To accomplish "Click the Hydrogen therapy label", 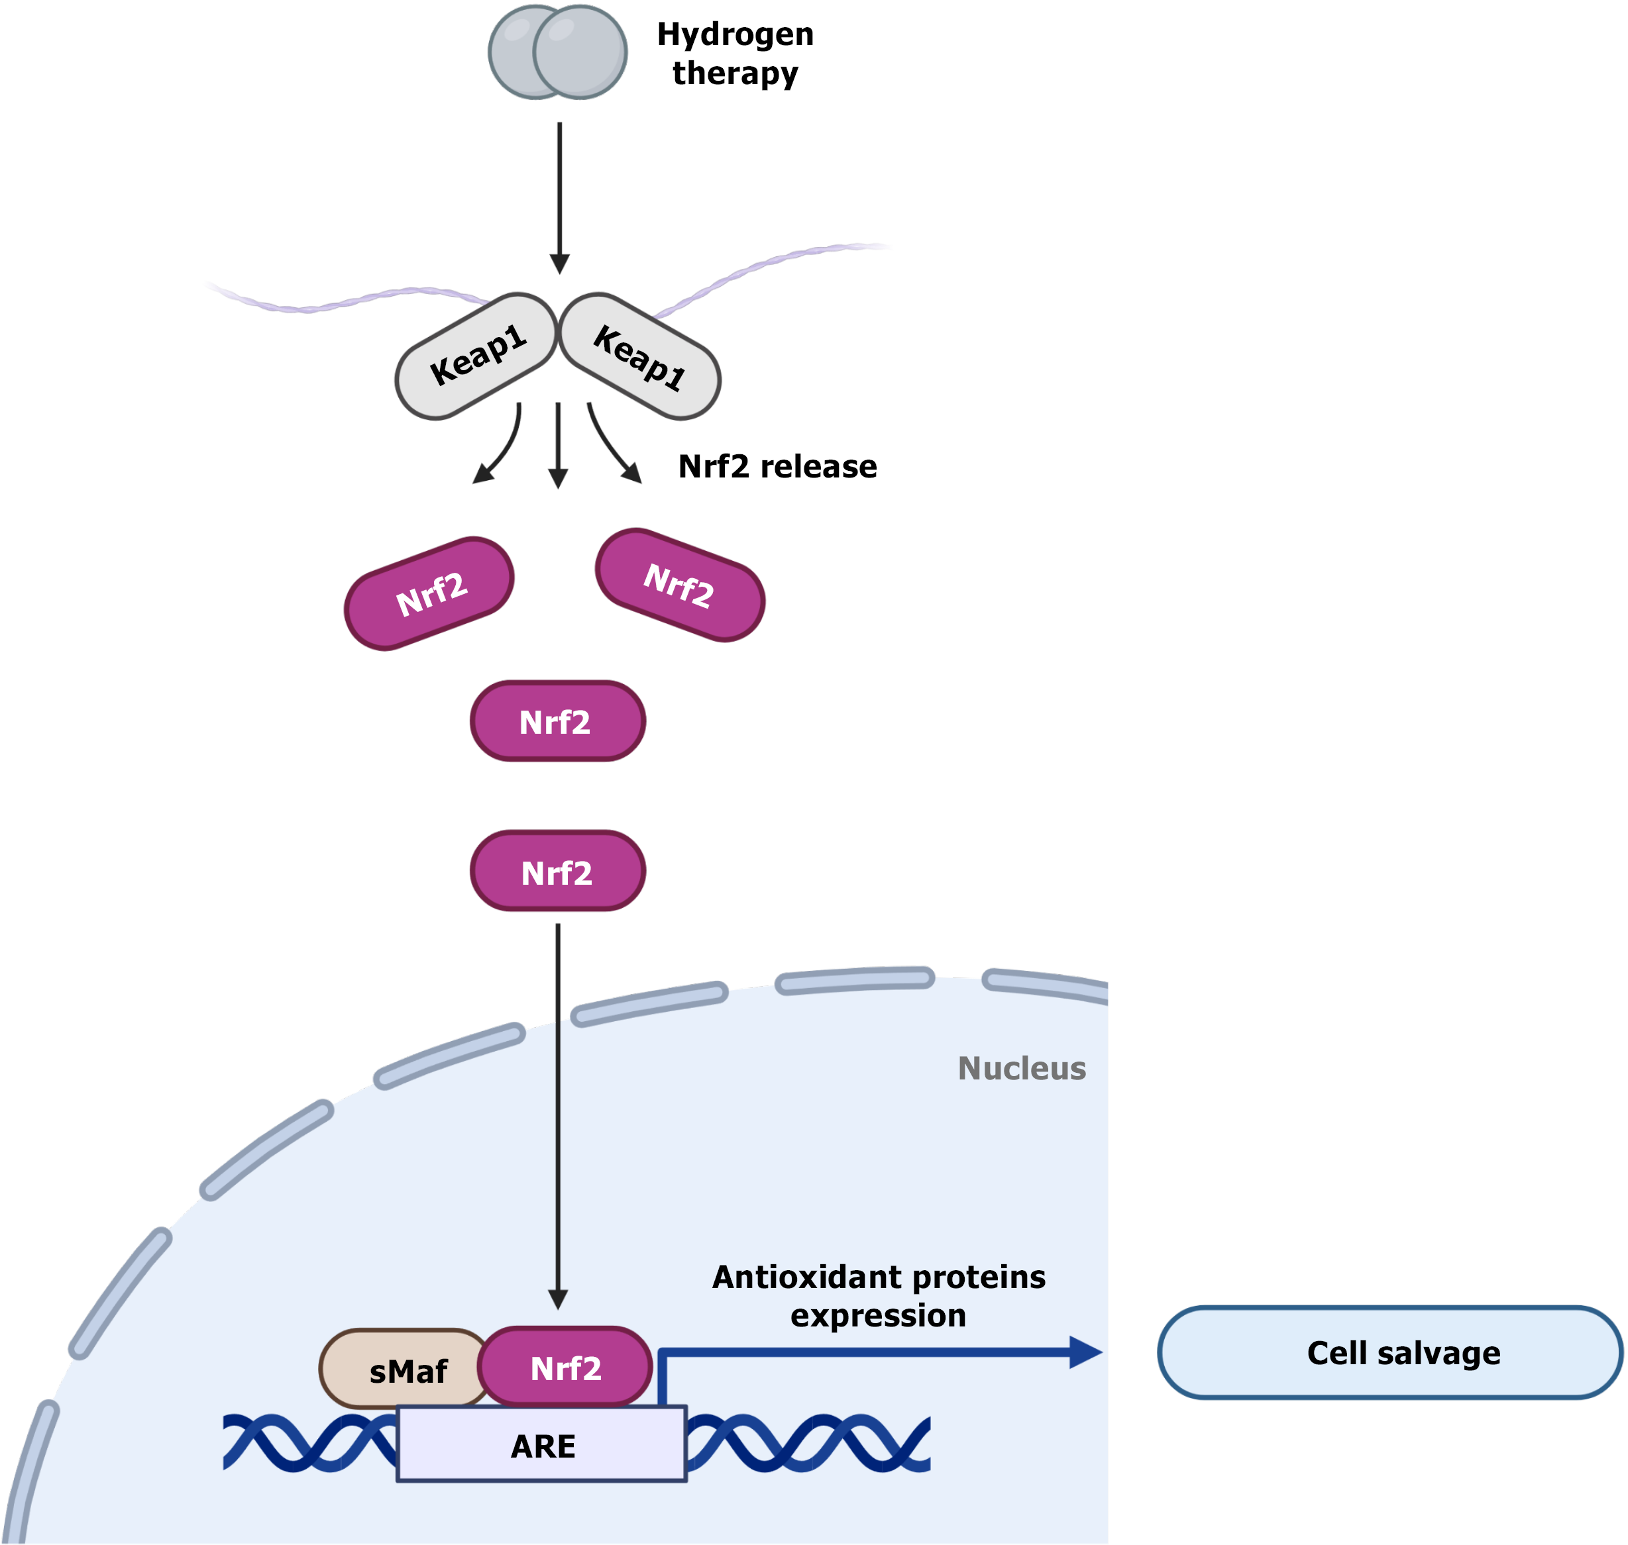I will tap(735, 54).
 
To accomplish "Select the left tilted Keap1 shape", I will tap(476, 356).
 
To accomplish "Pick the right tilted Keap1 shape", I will tap(640, 356).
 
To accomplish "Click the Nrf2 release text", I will tap(777, 467).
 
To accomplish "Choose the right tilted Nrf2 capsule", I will tap(680, 585).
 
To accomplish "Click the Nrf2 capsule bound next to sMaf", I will tap(565, 1368).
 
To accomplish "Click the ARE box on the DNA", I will tap(541, 1446).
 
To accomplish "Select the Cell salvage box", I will tap(1390, 1353).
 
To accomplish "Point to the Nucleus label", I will tap(1022, 1068).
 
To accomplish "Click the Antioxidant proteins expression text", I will tap(878, 1295).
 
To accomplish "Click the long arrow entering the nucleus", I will tap(558, 1112).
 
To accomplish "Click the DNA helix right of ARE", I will tap(808, 1443).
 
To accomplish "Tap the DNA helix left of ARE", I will tap(309, 1443).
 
